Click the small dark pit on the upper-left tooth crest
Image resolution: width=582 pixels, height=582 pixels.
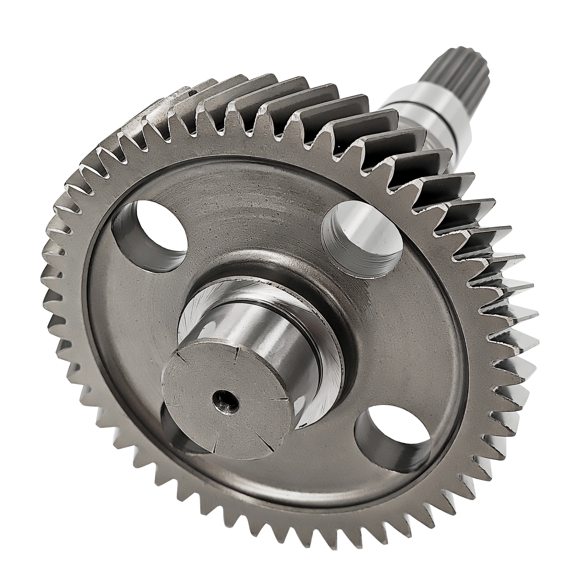pyautogui.click(x=192, y=92)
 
